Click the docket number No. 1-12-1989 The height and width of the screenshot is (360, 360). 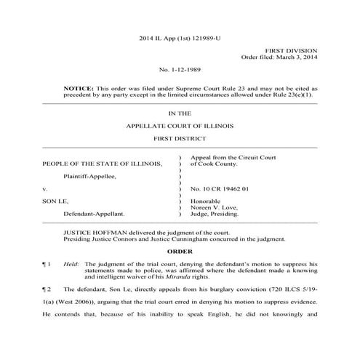click(x=180, y=71)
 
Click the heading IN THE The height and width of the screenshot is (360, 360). click(x=180, y=113)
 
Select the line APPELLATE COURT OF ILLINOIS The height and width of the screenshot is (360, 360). click(x=180, y=125)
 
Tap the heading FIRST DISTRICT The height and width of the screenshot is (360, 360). click(x=180, y=138)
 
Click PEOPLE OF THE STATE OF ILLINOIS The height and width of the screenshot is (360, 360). click(x=103, y=164)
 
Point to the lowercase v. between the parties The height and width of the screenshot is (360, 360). click(x=45, y=188)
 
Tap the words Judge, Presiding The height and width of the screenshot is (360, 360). click(x=217, y=215)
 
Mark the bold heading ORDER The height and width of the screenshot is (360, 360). click(x=180, y=250)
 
